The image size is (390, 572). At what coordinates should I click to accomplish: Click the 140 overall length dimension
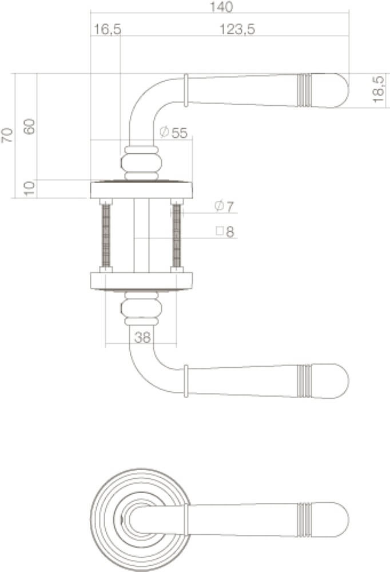(221, 7)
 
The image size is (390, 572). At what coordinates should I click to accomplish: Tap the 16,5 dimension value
(108, 29)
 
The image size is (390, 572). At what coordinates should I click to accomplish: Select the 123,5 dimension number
(237, 29)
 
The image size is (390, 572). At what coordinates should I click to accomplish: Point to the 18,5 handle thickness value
(379, 89)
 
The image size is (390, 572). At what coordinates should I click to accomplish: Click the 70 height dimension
(7, 135)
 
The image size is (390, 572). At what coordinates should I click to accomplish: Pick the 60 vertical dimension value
(30, 126)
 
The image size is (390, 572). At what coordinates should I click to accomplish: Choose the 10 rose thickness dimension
(30, 189)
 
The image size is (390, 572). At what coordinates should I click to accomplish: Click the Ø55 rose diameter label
(174, 133)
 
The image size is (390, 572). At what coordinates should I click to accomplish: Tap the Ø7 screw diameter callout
(224, 207)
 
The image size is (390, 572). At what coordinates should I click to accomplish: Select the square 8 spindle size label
(225, 231)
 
